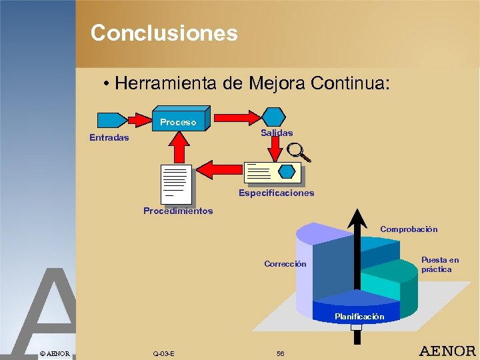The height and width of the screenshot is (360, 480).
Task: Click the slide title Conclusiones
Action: pos(164,33)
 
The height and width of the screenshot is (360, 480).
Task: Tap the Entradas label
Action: pos(109,138)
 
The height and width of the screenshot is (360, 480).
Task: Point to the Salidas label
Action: pos(277,133)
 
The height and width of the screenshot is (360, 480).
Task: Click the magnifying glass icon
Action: pos(298,153)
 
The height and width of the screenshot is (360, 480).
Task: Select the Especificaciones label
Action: pos(276,193)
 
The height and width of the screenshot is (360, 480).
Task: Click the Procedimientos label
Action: pos(178,211)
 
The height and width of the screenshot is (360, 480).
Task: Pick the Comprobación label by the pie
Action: pos(409,229)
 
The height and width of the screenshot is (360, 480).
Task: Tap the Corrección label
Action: pos(285,264)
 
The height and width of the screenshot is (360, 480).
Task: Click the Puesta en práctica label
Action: pos(439,265)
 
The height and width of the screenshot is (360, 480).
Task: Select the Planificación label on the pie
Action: pos(359,317)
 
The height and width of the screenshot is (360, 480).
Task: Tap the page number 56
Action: pos(280,353)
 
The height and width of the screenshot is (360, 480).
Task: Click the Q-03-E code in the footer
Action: pos(163,353)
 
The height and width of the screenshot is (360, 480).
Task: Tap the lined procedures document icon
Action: pos(176,183)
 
